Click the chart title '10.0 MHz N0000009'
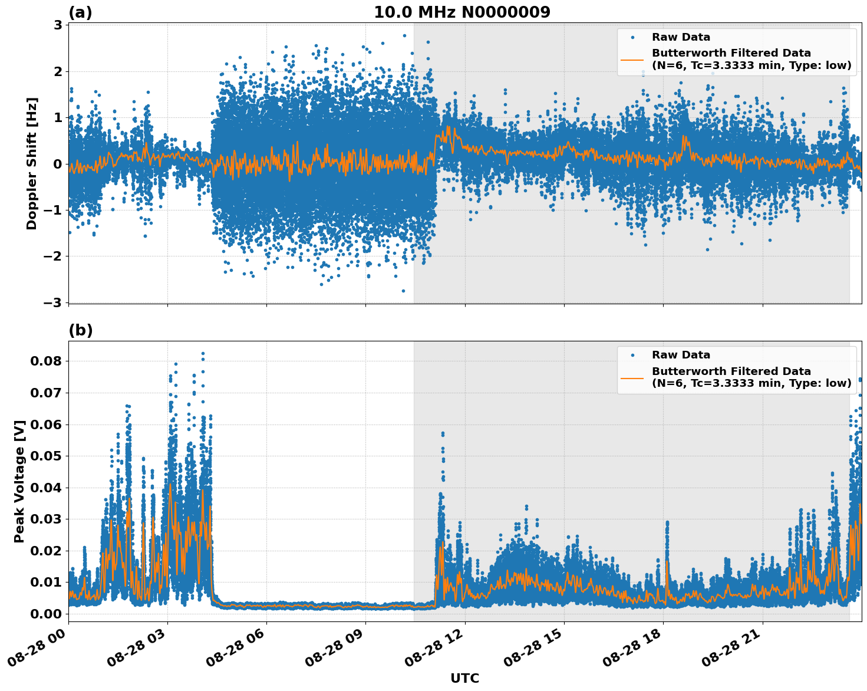[x=461, y=12]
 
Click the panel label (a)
[x=80, y=12]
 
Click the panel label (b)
[x=80, y=330]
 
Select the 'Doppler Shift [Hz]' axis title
[x=32, y=163]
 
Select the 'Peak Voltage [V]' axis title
[x=19, y=481]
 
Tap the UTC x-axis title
[x=464, y=678]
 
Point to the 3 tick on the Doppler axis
[x=58, y=25]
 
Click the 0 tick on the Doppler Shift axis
[x=58, y=164]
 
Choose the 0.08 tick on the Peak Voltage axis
[x=50, y=361]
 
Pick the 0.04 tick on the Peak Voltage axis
[x=50, y=488]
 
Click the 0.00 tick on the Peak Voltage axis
[x=50, y=614]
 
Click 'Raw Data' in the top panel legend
[x=681, y=37]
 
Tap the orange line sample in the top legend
[x=632, y=59]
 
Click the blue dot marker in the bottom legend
[x=632, y=355]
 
